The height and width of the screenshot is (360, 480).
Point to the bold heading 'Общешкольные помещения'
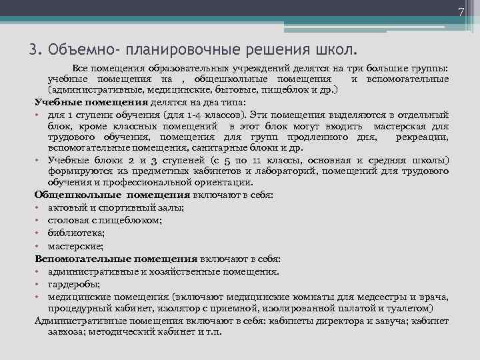pos(112,195)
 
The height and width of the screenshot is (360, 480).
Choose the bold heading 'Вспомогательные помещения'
pos(115,259)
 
